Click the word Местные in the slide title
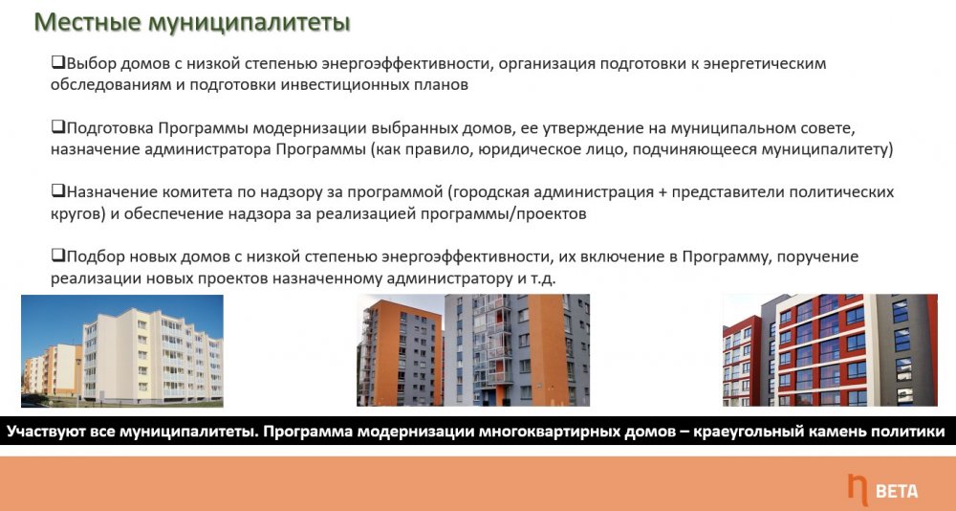87,22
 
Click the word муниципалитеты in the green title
250,23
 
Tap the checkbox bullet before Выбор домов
58,62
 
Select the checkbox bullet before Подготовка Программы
58,127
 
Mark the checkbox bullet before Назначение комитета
58,191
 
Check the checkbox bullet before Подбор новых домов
58,255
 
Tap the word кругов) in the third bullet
76,214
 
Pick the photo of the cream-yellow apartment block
122,351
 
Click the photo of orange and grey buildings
473,350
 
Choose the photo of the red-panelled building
830,350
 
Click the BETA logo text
897,490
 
